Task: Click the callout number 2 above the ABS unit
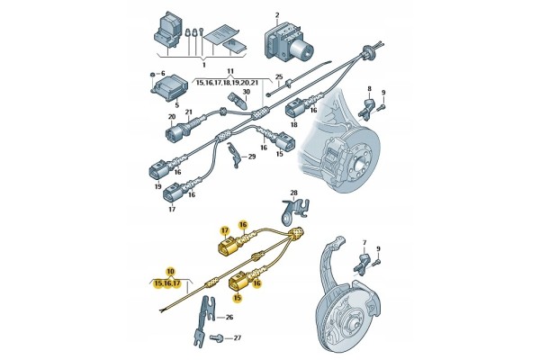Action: [277, 15]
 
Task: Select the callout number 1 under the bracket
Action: [204, 65]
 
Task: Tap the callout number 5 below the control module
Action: [177, 105]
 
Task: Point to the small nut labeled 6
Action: [152, 74]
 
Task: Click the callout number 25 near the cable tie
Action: [279, 76]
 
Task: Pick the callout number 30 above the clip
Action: [247, 92]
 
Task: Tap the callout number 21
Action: [188, 112]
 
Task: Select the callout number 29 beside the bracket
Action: [252, 157]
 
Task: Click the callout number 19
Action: [158, 186]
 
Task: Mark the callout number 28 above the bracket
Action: [293, 193]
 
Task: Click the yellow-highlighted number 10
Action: [170, 271]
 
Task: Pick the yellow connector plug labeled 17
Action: [229, 247]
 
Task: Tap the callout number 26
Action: [229, 317]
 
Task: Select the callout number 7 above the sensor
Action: [364, 244]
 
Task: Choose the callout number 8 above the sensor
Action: [370, 88]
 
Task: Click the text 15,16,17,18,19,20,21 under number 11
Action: [227, 83]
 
